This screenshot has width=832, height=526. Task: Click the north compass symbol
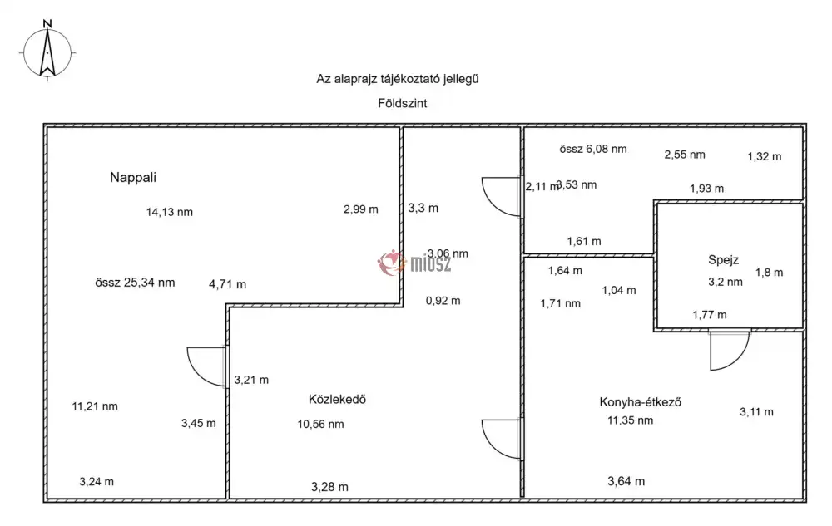[x=48, y=52]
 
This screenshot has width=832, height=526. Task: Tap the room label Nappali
[x=133, y=177]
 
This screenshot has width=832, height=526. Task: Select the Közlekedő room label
[x=337, y=399]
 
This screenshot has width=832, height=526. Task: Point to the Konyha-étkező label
[x=641, y=402]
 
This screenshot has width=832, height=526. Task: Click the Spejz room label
[x=723, y=259]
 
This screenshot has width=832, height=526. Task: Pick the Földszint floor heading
[x=402, y=104]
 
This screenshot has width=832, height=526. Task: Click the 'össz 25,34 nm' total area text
[x=135, y=283]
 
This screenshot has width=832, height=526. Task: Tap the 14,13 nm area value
[x=169, y=212]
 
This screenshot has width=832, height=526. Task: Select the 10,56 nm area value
[x=320, y=424]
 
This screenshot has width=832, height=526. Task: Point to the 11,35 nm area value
[x=630, y=420]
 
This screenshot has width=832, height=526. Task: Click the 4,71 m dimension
[x=227, y=284]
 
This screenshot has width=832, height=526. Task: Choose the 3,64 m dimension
[x=626, y=481]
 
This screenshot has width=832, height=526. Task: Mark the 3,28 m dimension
[x=329, y=486]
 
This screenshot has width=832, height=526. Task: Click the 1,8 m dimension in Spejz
[x=769, y=272]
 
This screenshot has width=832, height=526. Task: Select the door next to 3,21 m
[x=208, y=366]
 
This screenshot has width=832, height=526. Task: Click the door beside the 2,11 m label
[x=502, y=197]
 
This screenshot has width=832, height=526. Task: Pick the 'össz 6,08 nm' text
[x=593, y=150]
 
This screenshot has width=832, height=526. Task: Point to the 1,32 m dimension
[x=764, y=156]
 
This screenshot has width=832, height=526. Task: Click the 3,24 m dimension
[x=97, y=481]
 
